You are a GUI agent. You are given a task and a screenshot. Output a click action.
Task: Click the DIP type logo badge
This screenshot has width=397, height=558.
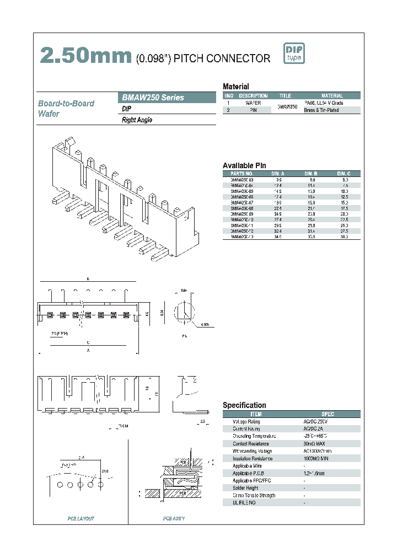click(294, 53)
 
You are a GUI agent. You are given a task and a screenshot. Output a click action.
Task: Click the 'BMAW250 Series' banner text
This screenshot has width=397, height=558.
click(153, 98)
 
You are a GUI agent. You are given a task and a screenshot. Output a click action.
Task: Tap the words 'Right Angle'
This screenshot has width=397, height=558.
click(137, 120)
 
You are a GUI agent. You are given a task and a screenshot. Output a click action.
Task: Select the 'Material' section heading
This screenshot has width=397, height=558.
click(235, 87)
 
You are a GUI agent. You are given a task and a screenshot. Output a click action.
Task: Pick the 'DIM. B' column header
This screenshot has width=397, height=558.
click(312, 174)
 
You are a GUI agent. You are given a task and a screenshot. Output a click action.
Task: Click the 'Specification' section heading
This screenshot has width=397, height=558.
click(244, 405)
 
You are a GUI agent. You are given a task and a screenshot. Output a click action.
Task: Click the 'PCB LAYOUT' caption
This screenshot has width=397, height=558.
click(81, 518)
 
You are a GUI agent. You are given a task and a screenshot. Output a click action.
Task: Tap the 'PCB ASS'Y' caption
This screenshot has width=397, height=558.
click(174, 518)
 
